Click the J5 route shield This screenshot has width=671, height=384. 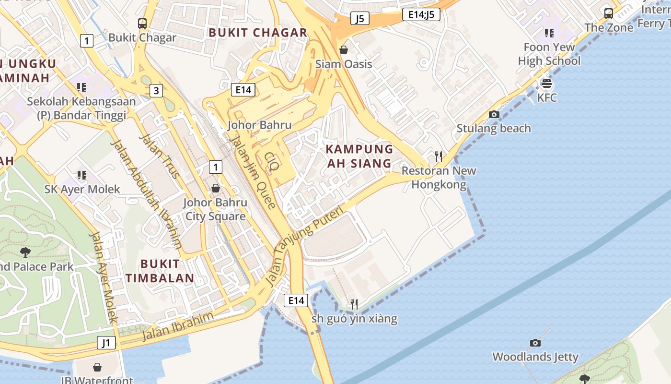click(360, 18)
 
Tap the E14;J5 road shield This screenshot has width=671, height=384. click(421, 14)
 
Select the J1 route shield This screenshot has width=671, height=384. click(106, 343)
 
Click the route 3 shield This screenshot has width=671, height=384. click(156, 90)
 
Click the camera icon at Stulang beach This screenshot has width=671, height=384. click(494, 114)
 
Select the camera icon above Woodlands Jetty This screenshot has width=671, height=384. click(535, 343)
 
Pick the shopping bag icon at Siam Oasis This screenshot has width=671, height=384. click(344, 49)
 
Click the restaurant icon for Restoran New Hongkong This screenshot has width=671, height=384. click(438, 156)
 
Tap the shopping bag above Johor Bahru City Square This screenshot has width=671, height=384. click(216, 188)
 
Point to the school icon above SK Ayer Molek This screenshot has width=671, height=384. click(81, 175)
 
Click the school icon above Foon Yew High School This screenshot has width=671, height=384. click(549, 33)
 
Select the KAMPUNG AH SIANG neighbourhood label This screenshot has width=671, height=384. click(359, 156)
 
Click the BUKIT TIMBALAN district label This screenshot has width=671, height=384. click(160, 271)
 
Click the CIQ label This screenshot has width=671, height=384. click(271, 162)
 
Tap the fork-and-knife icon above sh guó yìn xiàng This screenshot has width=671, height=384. click(354, 304)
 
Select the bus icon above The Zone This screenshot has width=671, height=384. click(609, 13)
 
